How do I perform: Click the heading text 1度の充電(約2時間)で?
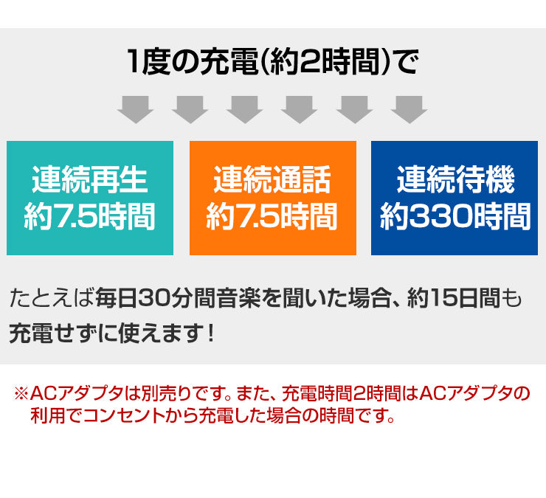point(273,62)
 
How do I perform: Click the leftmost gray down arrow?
point(135,109)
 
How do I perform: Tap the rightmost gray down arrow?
point(409,109)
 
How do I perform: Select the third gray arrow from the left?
point(244,109)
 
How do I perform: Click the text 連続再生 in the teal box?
point(90,179)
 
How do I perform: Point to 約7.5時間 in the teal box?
point(90,217)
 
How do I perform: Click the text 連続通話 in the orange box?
point(272,179)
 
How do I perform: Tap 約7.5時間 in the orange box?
point(272,217)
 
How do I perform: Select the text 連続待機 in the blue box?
point(455,179)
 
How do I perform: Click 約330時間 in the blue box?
point(455,217)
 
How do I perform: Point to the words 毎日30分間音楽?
point(178,298)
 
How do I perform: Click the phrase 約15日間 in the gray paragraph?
point(454,298)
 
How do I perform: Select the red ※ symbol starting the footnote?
point(21,393)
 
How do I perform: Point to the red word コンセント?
point(122,415)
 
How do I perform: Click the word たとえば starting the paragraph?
point(51,299)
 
